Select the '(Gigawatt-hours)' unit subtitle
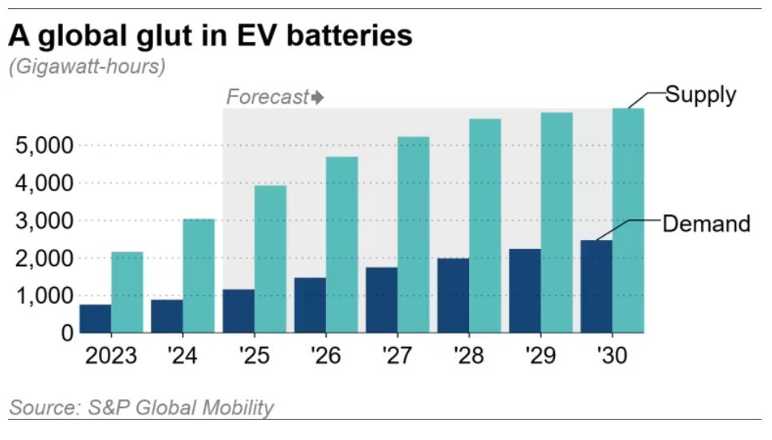point(87,67)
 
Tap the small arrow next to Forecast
point(318,98)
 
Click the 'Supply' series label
point(700,95)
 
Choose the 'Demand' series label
point(707,223)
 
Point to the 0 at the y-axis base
point(66,332)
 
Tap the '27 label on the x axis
point(397,355)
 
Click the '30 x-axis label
point(612,355)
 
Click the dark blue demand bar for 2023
point(95,319)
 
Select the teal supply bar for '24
point(199,276)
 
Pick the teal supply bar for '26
point(342,245)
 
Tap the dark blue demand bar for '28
point(453,295)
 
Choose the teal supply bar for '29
point(557,222)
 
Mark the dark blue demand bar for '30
point(597,286)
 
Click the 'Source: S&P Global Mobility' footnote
point(141,408)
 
